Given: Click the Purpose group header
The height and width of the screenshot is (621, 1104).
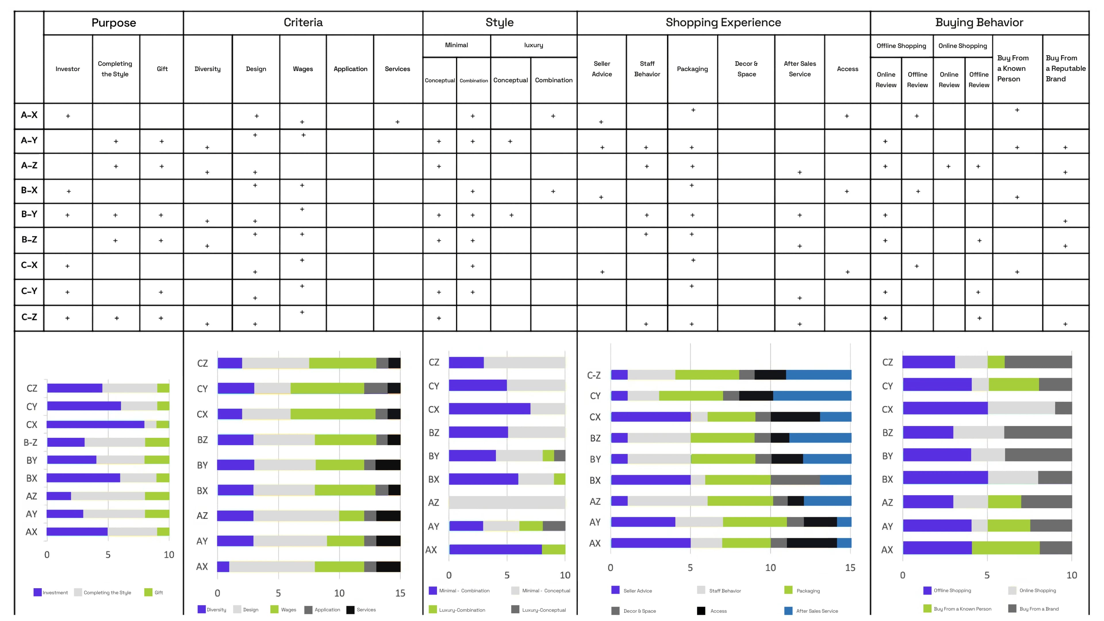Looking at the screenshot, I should (x=114, y=23).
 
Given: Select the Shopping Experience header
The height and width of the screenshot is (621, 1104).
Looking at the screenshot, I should (x=723, y=22).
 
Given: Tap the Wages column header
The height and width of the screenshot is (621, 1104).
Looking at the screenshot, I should (x=302, y=69).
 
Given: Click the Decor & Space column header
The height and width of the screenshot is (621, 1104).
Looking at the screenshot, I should (x=746, y=69).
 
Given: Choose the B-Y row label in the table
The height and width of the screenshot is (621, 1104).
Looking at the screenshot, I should (x=29, y=214).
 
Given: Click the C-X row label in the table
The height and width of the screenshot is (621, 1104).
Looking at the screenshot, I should (x=29, y=265).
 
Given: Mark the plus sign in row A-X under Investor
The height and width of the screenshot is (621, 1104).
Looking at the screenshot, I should (x=68, y=116).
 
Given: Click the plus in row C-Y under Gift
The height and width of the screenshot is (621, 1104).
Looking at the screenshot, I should (x=161, y=292).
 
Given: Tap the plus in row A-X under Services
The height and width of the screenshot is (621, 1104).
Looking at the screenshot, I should (x=397, y=122).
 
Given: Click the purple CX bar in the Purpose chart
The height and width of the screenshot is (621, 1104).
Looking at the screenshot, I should (x=95, y=424).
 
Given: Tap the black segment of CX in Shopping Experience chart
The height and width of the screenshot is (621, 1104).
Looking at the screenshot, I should (x=795, y=416).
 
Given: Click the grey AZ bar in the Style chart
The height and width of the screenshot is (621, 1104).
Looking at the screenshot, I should (x=507, y=502).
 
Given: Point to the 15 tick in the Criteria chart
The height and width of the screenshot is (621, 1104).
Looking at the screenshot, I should (x=400, y=593).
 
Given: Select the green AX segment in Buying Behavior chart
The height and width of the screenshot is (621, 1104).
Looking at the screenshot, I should (x=1005, y=548).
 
